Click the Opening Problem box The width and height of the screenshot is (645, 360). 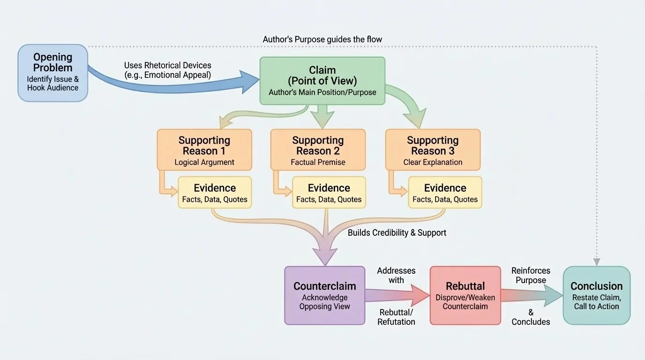click(x=52, y=73)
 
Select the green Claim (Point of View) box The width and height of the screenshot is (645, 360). click(x=322, y=81)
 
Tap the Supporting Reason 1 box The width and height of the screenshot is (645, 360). click(x=204, y=150)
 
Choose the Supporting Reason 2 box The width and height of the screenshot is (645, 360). click(x=318, y=150)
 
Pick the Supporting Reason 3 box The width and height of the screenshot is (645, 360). click(x=433, y=150)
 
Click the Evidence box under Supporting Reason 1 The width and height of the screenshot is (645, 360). click(x=215, y=193)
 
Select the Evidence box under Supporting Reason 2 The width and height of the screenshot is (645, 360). click(x=329, y=193)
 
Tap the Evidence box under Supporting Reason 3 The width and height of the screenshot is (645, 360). click(x=445, y=193)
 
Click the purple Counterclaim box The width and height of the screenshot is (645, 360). click(x=324, y=295)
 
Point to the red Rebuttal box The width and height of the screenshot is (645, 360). click(x=465, y=295)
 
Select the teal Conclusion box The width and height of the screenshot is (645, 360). click(x=596, y=295)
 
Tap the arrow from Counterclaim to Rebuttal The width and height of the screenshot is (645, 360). click(x=396, y=296)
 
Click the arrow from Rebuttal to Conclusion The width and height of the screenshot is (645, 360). click(x=532, y=296)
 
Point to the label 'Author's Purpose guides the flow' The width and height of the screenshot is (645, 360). click(x=322, y=39)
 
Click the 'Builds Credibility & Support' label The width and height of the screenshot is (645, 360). click(x=397, y=232)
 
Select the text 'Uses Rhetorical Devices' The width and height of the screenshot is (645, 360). click(x=167, y=65)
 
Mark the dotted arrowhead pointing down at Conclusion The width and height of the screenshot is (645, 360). click(x=596, y=262)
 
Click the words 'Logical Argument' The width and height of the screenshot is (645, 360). click(x=204, y=163)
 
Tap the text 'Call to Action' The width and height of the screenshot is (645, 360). click(x=596, y=307)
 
